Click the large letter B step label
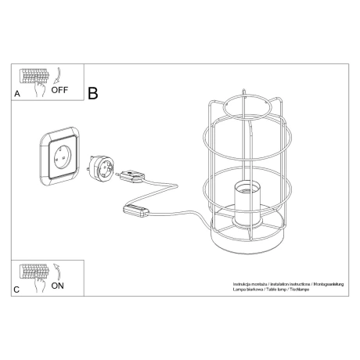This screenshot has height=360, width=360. coord(92,93)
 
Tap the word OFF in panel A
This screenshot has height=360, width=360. coord(60,90)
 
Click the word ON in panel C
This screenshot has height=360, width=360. coord(57,286)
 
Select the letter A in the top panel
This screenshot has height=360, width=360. coord(17,93)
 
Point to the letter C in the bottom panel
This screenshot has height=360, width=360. coord(17,290)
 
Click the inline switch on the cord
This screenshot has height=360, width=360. coord(137,210)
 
